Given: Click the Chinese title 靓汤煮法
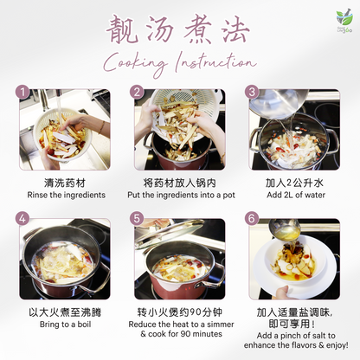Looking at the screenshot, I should pyautogui.click(x=179, y=30).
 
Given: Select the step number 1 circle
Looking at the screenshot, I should pyautogui.click(x=24, y=92).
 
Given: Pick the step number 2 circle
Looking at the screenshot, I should pyautogui.click(x=137, y=92).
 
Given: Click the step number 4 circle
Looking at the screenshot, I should pyautogui.click(x=24, y=219).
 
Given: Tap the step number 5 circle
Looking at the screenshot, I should pyautogui.click(x=137, y=219).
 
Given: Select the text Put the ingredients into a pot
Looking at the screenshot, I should pyautogui.click(x=179, y=195).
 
